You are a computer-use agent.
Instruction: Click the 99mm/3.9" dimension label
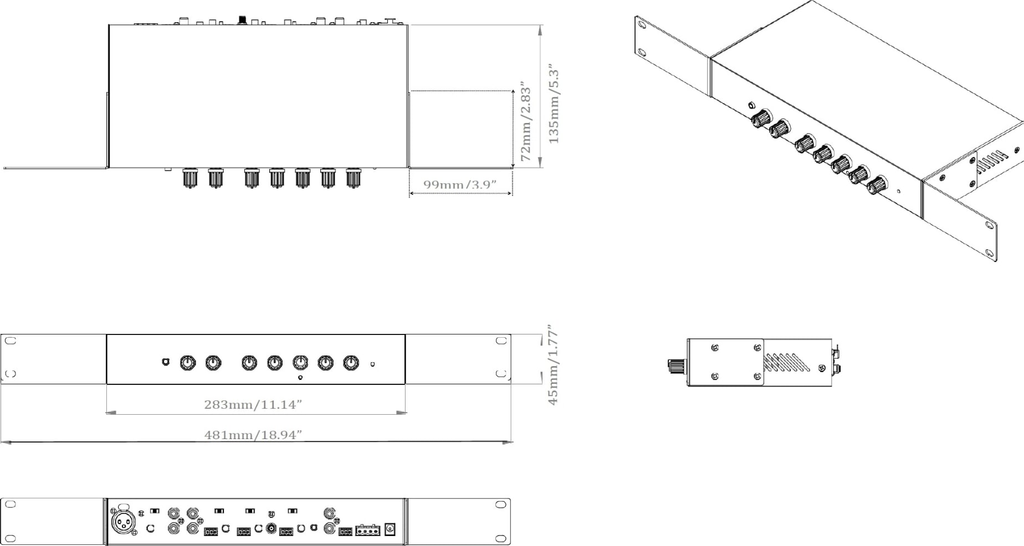pos(459,184)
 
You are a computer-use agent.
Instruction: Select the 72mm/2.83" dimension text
pos(525,123)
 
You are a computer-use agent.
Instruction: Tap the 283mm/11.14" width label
pos(253,404)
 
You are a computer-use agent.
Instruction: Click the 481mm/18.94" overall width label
pos(253,435)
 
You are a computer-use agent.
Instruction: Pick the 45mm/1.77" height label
pos(552,365)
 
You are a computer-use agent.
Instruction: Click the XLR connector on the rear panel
pos(122,522)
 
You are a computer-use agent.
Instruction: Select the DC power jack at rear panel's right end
pos(390,529)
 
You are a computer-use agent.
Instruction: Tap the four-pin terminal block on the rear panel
pos(367,530)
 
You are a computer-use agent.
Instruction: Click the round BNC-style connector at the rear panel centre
pos(272,528)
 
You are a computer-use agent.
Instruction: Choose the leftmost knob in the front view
pos(188,363)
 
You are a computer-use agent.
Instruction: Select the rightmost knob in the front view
pos(351,363)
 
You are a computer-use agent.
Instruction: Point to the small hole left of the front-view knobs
pos(165,362)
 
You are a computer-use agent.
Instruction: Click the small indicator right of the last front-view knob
pos(372,364)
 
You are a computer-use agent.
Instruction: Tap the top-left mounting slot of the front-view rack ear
pos(10,341)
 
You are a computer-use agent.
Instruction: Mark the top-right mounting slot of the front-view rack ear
pos(501,341)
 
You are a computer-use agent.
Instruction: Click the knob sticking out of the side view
pos(677,365)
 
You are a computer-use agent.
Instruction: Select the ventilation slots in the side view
pos(786,362)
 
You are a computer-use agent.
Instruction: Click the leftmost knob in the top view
pos(189,178)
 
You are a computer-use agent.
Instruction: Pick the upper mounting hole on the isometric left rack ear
pos(642,25)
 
